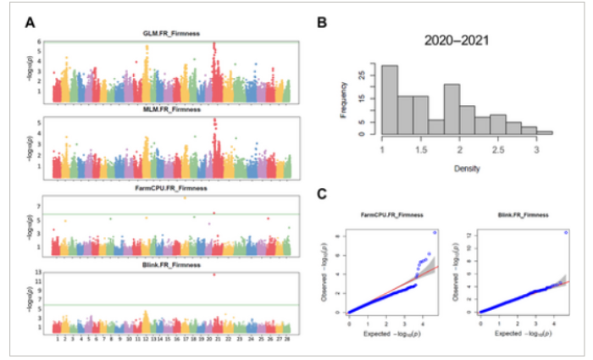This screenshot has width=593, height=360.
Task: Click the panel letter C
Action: [x=320, y=195]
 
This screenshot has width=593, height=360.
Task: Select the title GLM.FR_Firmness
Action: [x=173, y=33]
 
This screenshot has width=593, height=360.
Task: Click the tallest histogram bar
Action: [x=389, y=99]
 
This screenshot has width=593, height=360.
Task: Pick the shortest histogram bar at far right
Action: [x=545, y=132]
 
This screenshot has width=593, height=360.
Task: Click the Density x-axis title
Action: [x=457, y=167]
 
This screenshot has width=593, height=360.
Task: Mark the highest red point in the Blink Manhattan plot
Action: [x=214, y=274]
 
